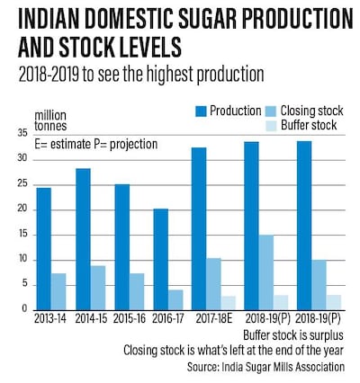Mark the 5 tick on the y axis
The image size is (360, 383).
click(x=24, y=285)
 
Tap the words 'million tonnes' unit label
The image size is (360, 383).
click(x=52, y=120)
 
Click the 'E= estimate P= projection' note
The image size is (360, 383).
click(x=93, y=144)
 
